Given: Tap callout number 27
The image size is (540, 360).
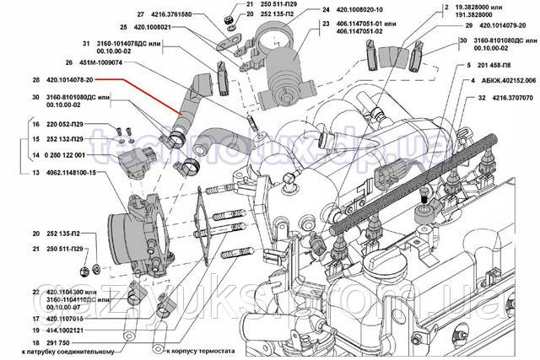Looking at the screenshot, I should pos(141,14).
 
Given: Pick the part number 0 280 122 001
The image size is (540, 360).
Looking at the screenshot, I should pos(62,156).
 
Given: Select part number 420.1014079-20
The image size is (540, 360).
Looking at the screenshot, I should pos(496,27).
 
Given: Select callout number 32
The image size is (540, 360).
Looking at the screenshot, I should pos(457,98).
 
